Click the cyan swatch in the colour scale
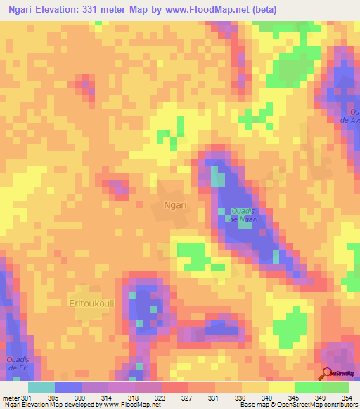pyautogui.click(x=41, y=387)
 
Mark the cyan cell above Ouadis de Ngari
pyautogui.click(x=218, y=179)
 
